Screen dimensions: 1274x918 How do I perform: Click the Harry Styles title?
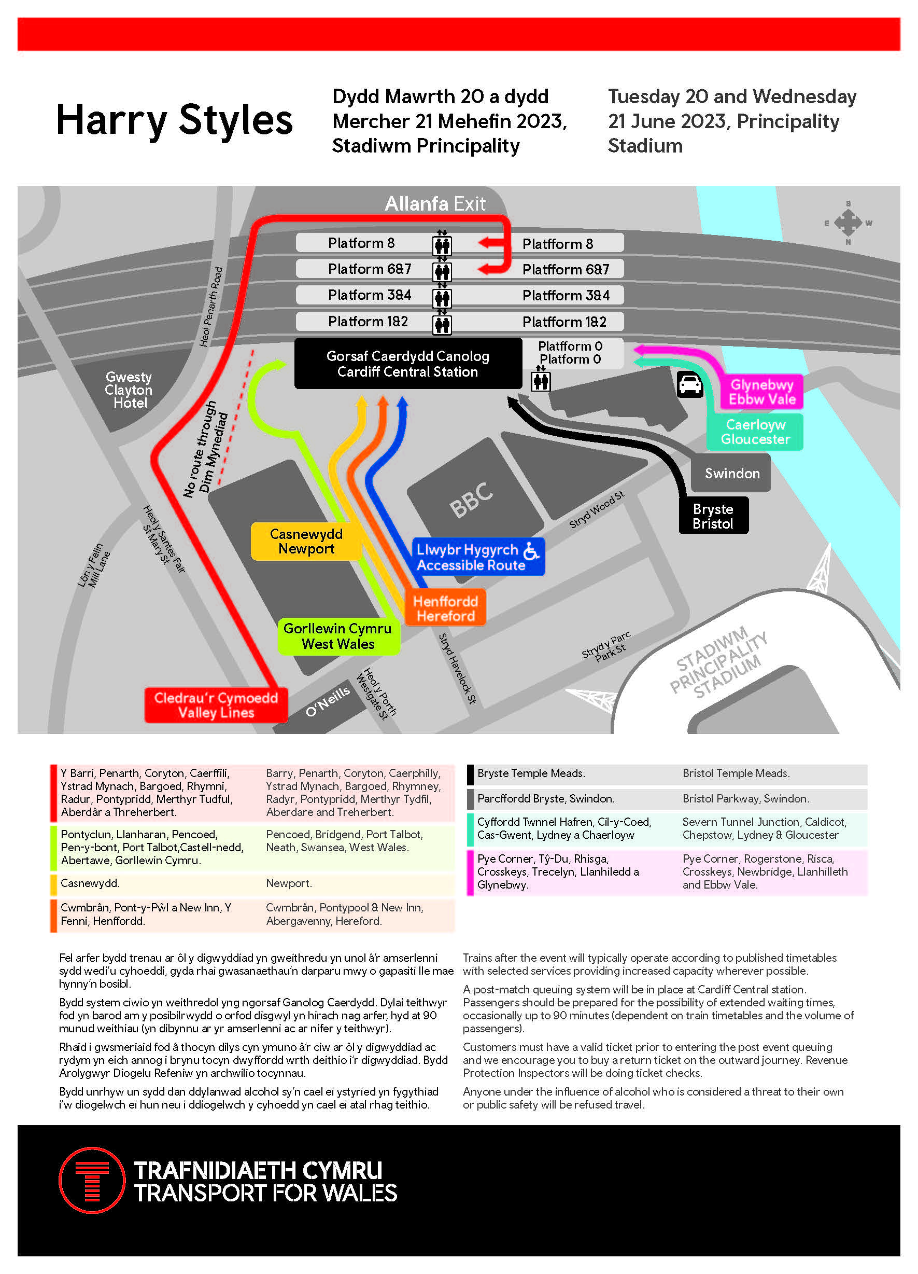coord(174,120)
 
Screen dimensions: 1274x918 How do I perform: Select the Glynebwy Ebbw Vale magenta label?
coord(761,392)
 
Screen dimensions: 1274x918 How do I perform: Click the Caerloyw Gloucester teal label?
coord(755,432)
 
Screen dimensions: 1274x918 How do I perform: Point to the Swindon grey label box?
coord(731,473)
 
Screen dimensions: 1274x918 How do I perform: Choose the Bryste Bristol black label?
coord(713,516)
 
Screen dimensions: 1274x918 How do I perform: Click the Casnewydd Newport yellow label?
coord(306,541)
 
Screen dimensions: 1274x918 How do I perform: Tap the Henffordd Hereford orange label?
coord(445,608)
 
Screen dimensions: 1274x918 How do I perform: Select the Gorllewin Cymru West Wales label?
coord(338,636)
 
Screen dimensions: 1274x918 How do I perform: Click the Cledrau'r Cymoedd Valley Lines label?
coord(216,705)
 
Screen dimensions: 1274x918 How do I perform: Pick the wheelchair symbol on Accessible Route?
coord(531,551)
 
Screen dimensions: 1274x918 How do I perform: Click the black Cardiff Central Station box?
coord(407,364)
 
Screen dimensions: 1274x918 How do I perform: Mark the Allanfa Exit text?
coord(434,203)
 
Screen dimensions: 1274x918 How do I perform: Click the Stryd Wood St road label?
coord(596,509)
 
